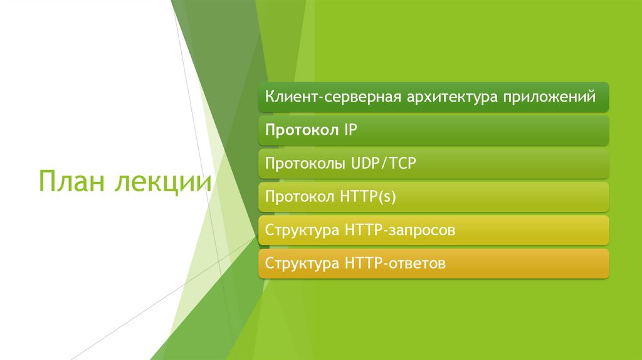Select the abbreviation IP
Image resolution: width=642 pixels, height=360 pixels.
click(350, 130)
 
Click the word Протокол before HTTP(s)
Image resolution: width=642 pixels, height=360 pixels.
click(300, 197)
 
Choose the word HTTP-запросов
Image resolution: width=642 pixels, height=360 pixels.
click(399, 230)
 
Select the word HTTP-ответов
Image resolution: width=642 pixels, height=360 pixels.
click(395, 263)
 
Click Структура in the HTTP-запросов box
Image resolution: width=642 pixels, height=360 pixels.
click(302, 230)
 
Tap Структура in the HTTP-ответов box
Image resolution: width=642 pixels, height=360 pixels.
click(302, 263)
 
